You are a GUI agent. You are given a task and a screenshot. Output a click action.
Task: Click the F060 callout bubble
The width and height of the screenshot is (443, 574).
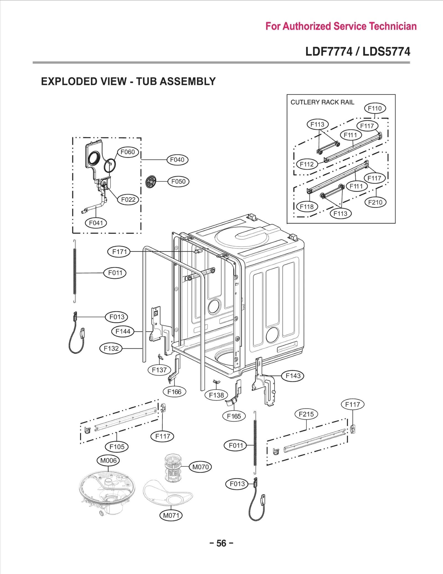click(128, 152)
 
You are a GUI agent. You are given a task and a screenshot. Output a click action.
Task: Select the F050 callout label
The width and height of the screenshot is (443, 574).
click(178, 182)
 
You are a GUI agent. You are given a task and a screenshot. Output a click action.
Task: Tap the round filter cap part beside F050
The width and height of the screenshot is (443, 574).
click(151, 182)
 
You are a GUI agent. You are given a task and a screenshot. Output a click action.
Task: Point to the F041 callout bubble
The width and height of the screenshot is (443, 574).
click(96, 223)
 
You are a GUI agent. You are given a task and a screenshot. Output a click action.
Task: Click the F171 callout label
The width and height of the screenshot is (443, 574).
click(119, 252)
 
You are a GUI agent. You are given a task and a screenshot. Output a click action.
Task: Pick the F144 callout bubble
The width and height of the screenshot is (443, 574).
click(123, 331)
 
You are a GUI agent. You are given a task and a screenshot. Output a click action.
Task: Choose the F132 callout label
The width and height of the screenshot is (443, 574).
click(111, 348)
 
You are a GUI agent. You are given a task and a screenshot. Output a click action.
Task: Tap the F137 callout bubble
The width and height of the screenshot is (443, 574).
click(159, 370)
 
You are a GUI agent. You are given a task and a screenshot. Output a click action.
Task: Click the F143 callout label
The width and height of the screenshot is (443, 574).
click(293, 376)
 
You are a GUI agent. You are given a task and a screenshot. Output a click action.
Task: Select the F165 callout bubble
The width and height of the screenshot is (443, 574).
click(234, 416)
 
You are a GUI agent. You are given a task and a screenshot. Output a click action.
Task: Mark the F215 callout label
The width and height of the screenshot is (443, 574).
click(306, 414)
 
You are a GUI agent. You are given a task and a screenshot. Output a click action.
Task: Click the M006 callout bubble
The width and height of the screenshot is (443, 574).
click(108, 461)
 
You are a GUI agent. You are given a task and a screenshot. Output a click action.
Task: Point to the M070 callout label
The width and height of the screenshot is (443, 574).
click(200, 467)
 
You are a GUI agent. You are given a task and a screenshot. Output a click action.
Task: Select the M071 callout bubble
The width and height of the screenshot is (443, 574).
click(171, 515)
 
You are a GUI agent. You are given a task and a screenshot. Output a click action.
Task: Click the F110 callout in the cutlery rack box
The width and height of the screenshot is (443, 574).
click(375, 108)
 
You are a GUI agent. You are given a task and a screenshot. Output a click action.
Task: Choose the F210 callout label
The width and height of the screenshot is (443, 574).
click(375, 202)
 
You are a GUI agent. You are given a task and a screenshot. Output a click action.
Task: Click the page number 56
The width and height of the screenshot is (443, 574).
click(221, 543)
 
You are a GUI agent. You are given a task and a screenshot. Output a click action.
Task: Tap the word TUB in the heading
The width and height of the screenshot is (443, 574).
click(146, 81)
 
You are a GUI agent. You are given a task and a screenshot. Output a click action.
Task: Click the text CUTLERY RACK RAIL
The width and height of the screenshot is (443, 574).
click(322, 102)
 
